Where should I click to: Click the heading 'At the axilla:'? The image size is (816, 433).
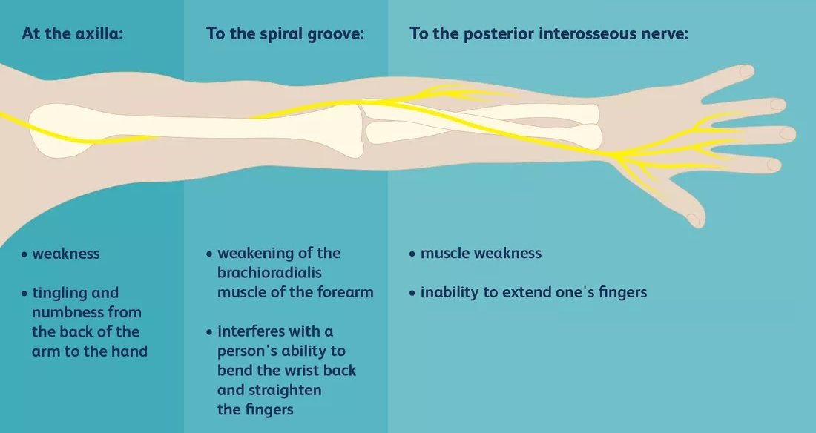[72, 33]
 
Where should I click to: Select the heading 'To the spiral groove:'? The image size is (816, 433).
[285, 33]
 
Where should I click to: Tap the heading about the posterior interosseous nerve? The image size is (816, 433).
[549, 33]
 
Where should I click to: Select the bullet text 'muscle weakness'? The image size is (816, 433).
[481, 254]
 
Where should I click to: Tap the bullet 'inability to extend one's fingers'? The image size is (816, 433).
[533, 293]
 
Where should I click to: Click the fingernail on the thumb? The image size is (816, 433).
[694, 219]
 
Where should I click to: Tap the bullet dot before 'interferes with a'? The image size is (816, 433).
[211, 331]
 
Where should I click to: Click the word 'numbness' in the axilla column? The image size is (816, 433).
[68, 312]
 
